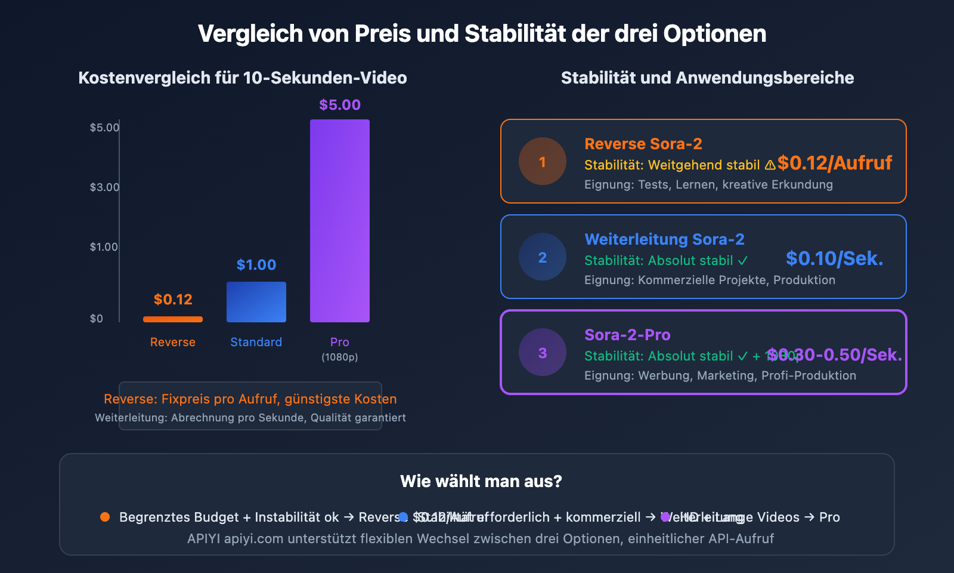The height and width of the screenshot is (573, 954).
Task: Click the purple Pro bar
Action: [x=340, y=221]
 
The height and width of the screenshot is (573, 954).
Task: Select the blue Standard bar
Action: [x=256, y=302]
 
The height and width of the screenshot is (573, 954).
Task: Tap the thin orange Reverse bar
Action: [x=173, y=319]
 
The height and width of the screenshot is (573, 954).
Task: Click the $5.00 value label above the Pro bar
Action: [x=340, y=105]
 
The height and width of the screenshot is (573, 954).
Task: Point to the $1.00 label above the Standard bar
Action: [x=256, y=265]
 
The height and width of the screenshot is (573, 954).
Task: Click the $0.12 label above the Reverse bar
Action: [x=173, y=300]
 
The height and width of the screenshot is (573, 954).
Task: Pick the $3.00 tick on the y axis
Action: [x=104, y=187]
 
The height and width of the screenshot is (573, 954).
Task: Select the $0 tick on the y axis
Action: [x=97, y=319]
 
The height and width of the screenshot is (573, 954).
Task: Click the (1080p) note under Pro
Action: [x=340, y=358]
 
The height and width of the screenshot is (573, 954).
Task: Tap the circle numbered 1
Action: [x=543, y=162]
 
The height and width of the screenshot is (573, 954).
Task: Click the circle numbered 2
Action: [x=543, y=257]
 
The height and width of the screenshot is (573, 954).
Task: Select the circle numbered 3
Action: [x=543, y=353]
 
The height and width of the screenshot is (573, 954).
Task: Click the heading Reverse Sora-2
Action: [x=643, y=144]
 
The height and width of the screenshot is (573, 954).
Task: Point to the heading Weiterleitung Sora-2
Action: [x=664, y=239]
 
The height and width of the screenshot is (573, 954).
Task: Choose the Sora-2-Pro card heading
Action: [x=627, y=335]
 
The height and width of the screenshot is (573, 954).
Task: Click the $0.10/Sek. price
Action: [x=834, y=258]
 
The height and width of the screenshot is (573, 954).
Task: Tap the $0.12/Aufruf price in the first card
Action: [x=835, y=163]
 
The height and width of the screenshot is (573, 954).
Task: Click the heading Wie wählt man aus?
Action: [x=481, y=481]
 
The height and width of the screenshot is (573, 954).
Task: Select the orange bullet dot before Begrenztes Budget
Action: [x=105, y=517]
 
